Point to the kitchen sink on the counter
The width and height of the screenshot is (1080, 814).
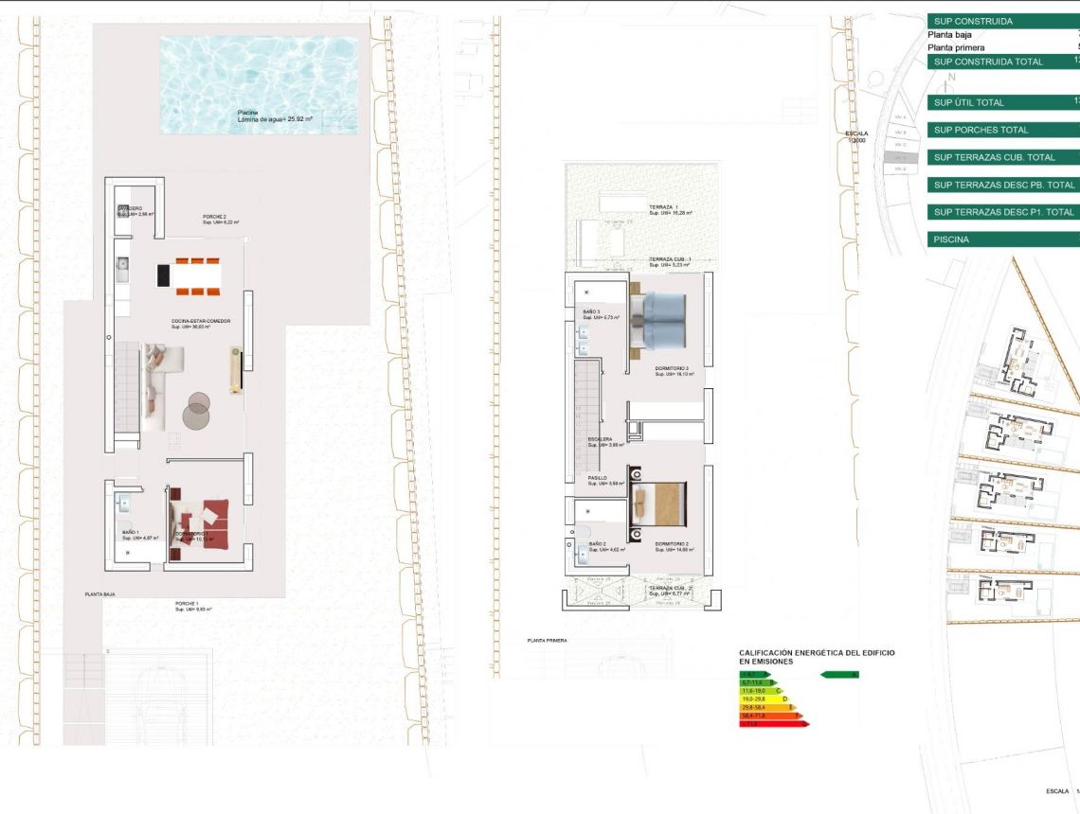[121, 265]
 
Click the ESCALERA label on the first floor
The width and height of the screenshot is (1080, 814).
[600, 440]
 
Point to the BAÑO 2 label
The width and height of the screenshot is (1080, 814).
[597, 545]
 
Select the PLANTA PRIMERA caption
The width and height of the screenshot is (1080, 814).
[547, 641]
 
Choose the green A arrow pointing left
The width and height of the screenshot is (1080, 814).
[838, 675]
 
